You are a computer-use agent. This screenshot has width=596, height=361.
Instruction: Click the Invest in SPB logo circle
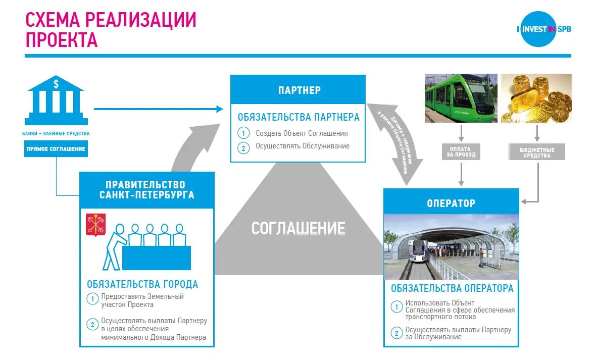pyautogui.click(x=538, y=29)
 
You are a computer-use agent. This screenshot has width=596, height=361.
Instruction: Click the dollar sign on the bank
pyautogui.click(x=56, y=84)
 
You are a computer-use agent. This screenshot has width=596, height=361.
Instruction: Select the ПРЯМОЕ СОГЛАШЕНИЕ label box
pyautogui.click(x=56, y=149)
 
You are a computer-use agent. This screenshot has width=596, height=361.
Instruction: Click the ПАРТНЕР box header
pyautogui.click(x=299, y=90)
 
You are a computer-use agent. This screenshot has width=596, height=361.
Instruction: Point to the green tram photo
pyautogui.click(x=461, y=98)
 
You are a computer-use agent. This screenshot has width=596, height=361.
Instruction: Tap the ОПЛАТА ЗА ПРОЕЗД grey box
pyautogui.click(x=460, y=152)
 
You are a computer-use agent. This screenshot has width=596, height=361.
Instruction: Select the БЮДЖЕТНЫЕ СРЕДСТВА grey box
pyautogui.click(x=537, y=152)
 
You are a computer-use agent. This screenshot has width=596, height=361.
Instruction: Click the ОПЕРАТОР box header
pyautogui.click(x=451, y=203)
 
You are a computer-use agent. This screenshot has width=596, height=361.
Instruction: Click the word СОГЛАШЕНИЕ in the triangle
pyautogui.click(x=298, y=228)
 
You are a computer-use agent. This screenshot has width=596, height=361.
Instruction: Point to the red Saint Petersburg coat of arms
pyautogui.click(x=95, y=225)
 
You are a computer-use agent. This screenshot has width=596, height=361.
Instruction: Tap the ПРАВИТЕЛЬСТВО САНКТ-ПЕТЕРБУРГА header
pyautogui.click(x=146, y=190)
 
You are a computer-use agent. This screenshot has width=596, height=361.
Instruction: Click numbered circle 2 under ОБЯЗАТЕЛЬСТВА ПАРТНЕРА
pyautogui.click(x=243, y=147)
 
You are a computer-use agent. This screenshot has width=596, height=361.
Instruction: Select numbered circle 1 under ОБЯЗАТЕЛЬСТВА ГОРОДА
pyautogui.click(x=92, y=299)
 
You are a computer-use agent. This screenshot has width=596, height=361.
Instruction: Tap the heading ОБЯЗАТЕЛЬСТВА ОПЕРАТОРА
pyautogui.click(x=452, y=288)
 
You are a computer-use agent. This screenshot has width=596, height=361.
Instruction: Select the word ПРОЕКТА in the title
pyautogui.click(x=61, y=40)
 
